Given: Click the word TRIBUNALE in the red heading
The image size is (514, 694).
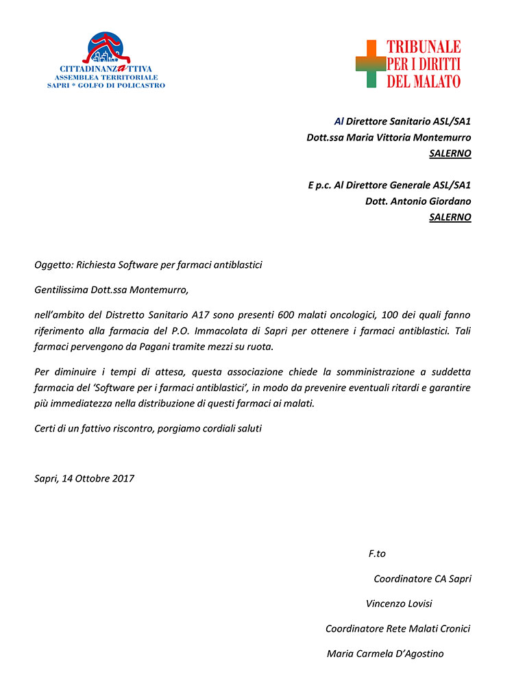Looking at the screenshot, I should (x=424, y=47).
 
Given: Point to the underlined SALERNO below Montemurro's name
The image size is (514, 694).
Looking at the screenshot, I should (x=450, y=153).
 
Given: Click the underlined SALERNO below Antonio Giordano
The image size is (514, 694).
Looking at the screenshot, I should (x=450, y=217).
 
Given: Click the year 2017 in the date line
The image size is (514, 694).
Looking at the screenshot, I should (x=122, y=478).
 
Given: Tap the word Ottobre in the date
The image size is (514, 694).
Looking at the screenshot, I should (x=91, y=478).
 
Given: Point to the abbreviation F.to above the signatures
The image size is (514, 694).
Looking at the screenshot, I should (x=377, y=554).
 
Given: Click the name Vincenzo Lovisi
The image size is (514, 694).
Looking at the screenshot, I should (x=399, y=604).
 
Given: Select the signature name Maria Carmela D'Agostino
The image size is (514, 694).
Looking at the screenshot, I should (x=385, y=654).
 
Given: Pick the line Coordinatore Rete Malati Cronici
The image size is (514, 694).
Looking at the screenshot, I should (x=397, y=628).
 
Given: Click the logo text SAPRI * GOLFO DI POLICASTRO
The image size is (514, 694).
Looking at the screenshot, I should (x=106, y=85).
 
